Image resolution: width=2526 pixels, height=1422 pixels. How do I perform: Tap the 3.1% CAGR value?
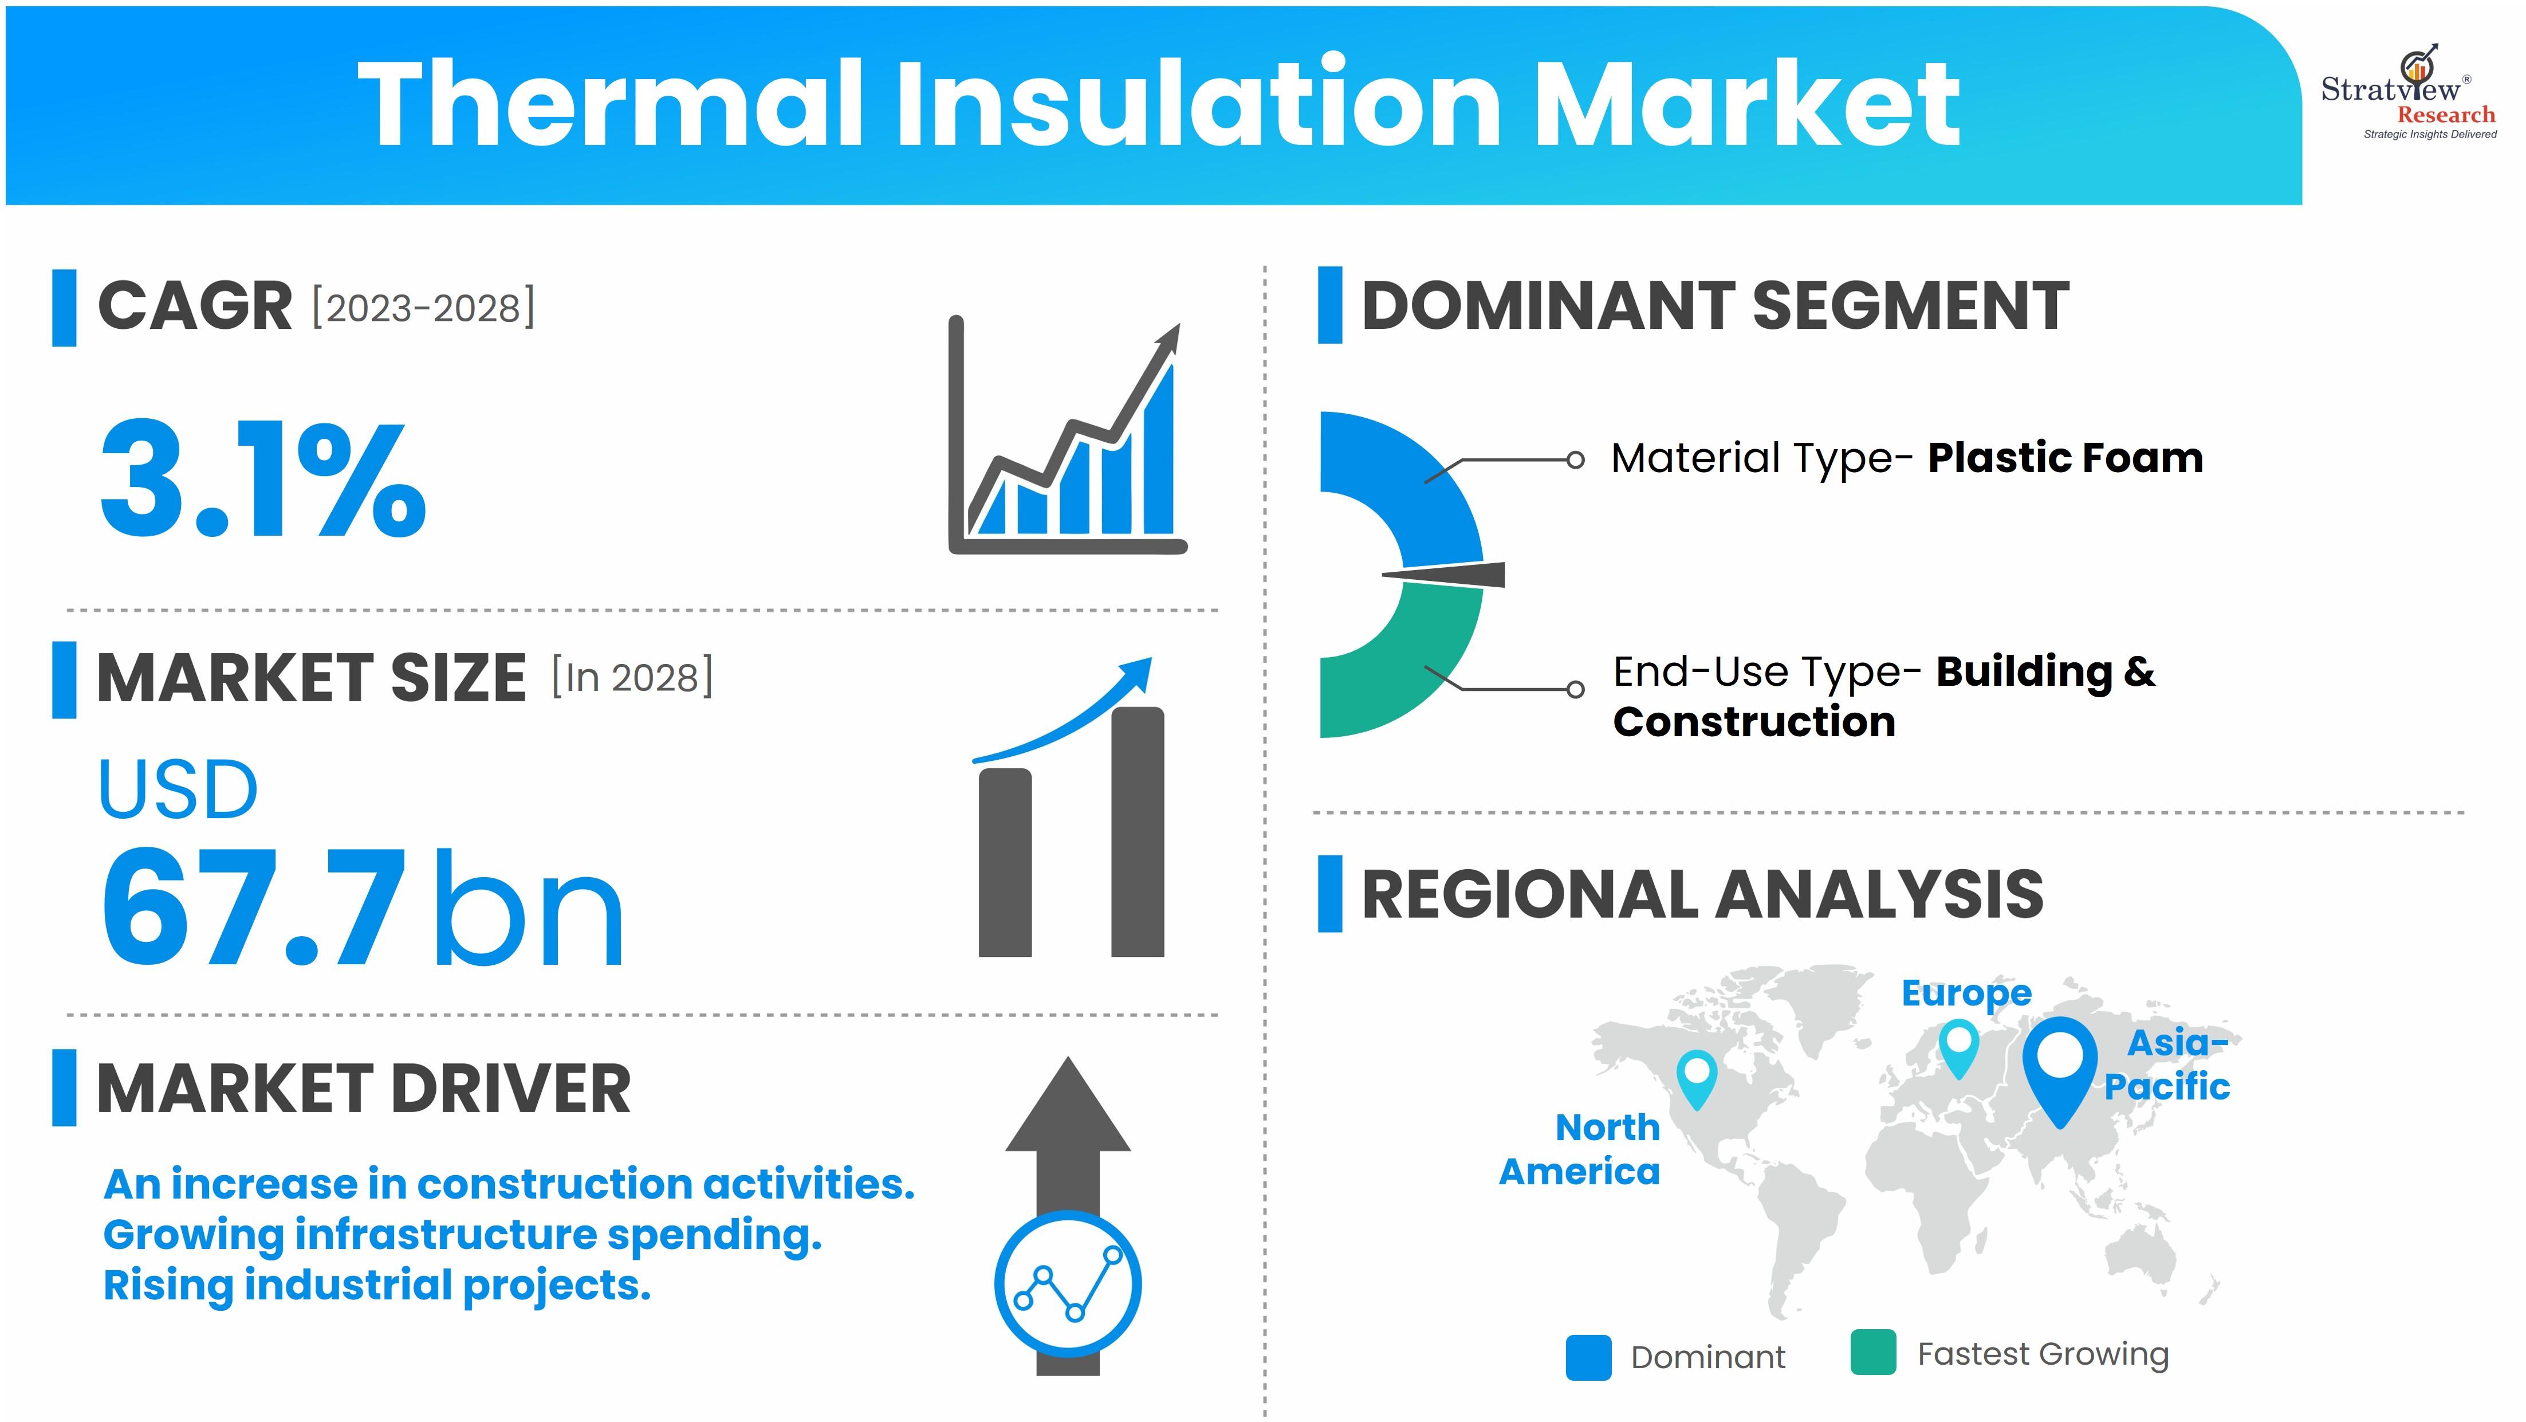point(263,478)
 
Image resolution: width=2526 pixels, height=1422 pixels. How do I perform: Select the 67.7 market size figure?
point(253,906)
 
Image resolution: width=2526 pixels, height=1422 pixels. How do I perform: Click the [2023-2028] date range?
point(424,308)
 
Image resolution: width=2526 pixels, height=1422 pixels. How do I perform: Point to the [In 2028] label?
point(632,677)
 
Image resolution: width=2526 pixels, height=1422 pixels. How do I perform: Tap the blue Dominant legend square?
point(1588,1357)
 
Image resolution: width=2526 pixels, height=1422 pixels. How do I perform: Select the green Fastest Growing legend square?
point(1873,1352)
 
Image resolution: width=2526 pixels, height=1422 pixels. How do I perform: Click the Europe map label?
point(1966,993)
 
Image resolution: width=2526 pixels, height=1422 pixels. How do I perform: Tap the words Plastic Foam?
point(2065,458)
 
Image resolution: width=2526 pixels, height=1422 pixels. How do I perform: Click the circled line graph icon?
point(1068,1284)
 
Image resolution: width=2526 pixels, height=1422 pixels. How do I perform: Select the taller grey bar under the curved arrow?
point(1138,832)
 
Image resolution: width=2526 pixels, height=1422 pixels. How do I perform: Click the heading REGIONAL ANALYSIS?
point(1702,894)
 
